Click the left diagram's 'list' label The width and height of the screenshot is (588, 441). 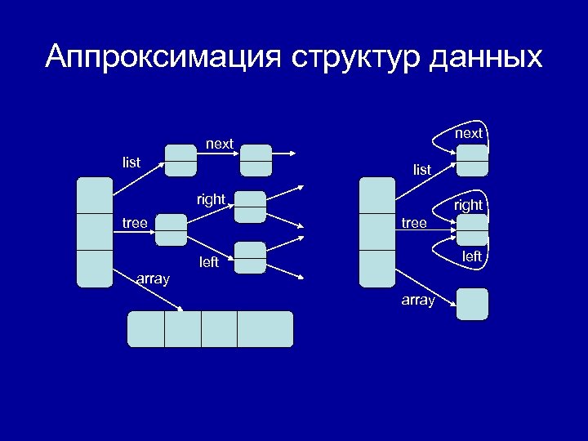point(131,163)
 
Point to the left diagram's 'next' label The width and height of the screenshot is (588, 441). point(220,144)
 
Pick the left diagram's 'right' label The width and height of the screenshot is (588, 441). point(211,198)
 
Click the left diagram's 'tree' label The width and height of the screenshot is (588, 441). point(135,222)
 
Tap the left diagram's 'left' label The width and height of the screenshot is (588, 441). point(210,262)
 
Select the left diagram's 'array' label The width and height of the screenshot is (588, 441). point(154,279)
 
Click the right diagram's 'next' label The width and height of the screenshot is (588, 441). point(469,132)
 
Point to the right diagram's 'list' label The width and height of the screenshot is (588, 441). point(422,170)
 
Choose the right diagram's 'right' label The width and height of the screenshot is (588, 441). point(469,205)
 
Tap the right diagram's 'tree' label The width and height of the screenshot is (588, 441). point(414,222)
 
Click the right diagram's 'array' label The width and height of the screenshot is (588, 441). point(418,301)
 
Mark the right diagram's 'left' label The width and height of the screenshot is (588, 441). point(472,256)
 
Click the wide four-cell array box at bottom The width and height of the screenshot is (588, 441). point(210,329)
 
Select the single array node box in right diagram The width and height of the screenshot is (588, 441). point(472,304)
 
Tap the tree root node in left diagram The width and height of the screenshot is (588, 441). point(171,230)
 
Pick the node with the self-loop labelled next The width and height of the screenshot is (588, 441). point(472,160)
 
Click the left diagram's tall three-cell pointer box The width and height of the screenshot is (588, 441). point(95,232)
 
